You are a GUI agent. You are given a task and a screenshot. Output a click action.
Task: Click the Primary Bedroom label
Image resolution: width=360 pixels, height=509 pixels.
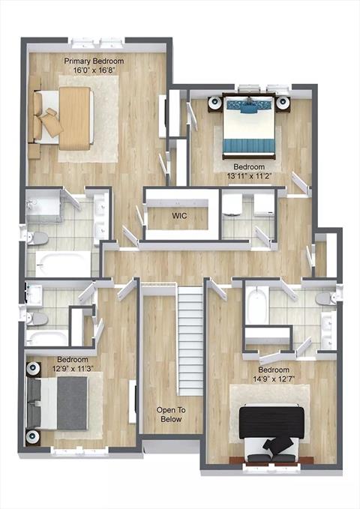coord(94,61)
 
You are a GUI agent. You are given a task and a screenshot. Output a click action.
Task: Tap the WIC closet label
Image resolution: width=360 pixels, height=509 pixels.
coord(179,216)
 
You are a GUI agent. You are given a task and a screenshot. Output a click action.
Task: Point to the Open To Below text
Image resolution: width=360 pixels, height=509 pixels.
coord(171,415)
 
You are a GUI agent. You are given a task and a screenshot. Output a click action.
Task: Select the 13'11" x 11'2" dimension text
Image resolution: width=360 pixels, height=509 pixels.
coord(249,176)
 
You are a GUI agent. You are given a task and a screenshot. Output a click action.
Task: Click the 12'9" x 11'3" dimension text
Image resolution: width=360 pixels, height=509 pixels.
coord(73,368)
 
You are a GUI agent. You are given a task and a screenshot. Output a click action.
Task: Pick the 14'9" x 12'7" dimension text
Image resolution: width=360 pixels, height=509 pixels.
coord(274,379)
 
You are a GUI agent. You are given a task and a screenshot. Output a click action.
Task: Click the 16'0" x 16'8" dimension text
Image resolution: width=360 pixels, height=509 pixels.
coord(94,70)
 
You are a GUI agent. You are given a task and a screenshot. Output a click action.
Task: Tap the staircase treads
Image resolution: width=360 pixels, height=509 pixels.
coord(190,340)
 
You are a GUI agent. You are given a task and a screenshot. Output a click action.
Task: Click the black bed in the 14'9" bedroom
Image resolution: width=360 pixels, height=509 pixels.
coord(271,432)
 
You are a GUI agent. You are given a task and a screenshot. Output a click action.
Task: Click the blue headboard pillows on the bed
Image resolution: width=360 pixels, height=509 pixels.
coord(249,106)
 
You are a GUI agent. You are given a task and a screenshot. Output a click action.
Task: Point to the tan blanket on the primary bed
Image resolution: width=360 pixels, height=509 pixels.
coord(75,118)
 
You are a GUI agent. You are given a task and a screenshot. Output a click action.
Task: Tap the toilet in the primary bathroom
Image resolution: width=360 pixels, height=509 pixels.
coord(37,238)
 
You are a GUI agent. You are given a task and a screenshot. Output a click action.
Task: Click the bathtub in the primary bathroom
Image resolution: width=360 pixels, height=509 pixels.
coord(63,264)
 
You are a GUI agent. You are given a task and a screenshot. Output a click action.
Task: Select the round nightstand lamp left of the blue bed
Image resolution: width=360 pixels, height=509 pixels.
coord(214,103)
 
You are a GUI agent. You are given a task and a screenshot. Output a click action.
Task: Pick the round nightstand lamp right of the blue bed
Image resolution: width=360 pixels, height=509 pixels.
coord(282,103)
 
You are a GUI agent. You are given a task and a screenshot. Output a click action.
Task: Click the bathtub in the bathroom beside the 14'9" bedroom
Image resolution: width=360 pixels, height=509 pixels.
coord(257,304)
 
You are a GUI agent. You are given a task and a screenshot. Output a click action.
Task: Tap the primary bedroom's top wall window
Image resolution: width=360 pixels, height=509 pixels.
coord(97,43)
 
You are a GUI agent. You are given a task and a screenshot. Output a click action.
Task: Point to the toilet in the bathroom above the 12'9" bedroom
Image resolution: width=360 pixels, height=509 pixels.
coord(37,319)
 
